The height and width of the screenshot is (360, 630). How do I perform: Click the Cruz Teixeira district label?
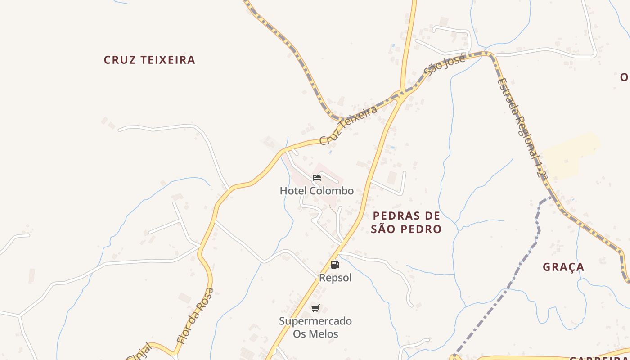(x=149, y=60)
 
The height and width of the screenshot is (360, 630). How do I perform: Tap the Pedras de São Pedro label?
(x=406, y=222)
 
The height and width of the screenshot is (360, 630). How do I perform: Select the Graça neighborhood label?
(x=563, y=267)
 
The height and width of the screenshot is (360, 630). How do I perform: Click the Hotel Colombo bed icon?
(x=317, y=178)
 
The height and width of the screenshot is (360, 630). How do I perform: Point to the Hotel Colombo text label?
(x=317, y=191)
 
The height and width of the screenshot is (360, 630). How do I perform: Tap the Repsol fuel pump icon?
(x=335, y=265)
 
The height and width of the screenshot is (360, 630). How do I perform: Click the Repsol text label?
(x=335, y=278)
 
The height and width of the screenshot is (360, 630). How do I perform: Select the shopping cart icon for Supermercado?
(x=315, y=308)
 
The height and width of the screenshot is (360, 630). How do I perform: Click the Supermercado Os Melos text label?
(x=315, y=328)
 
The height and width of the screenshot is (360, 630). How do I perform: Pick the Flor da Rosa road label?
(x=195, y=316)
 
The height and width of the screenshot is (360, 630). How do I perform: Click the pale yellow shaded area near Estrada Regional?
(x=569, y=156)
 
